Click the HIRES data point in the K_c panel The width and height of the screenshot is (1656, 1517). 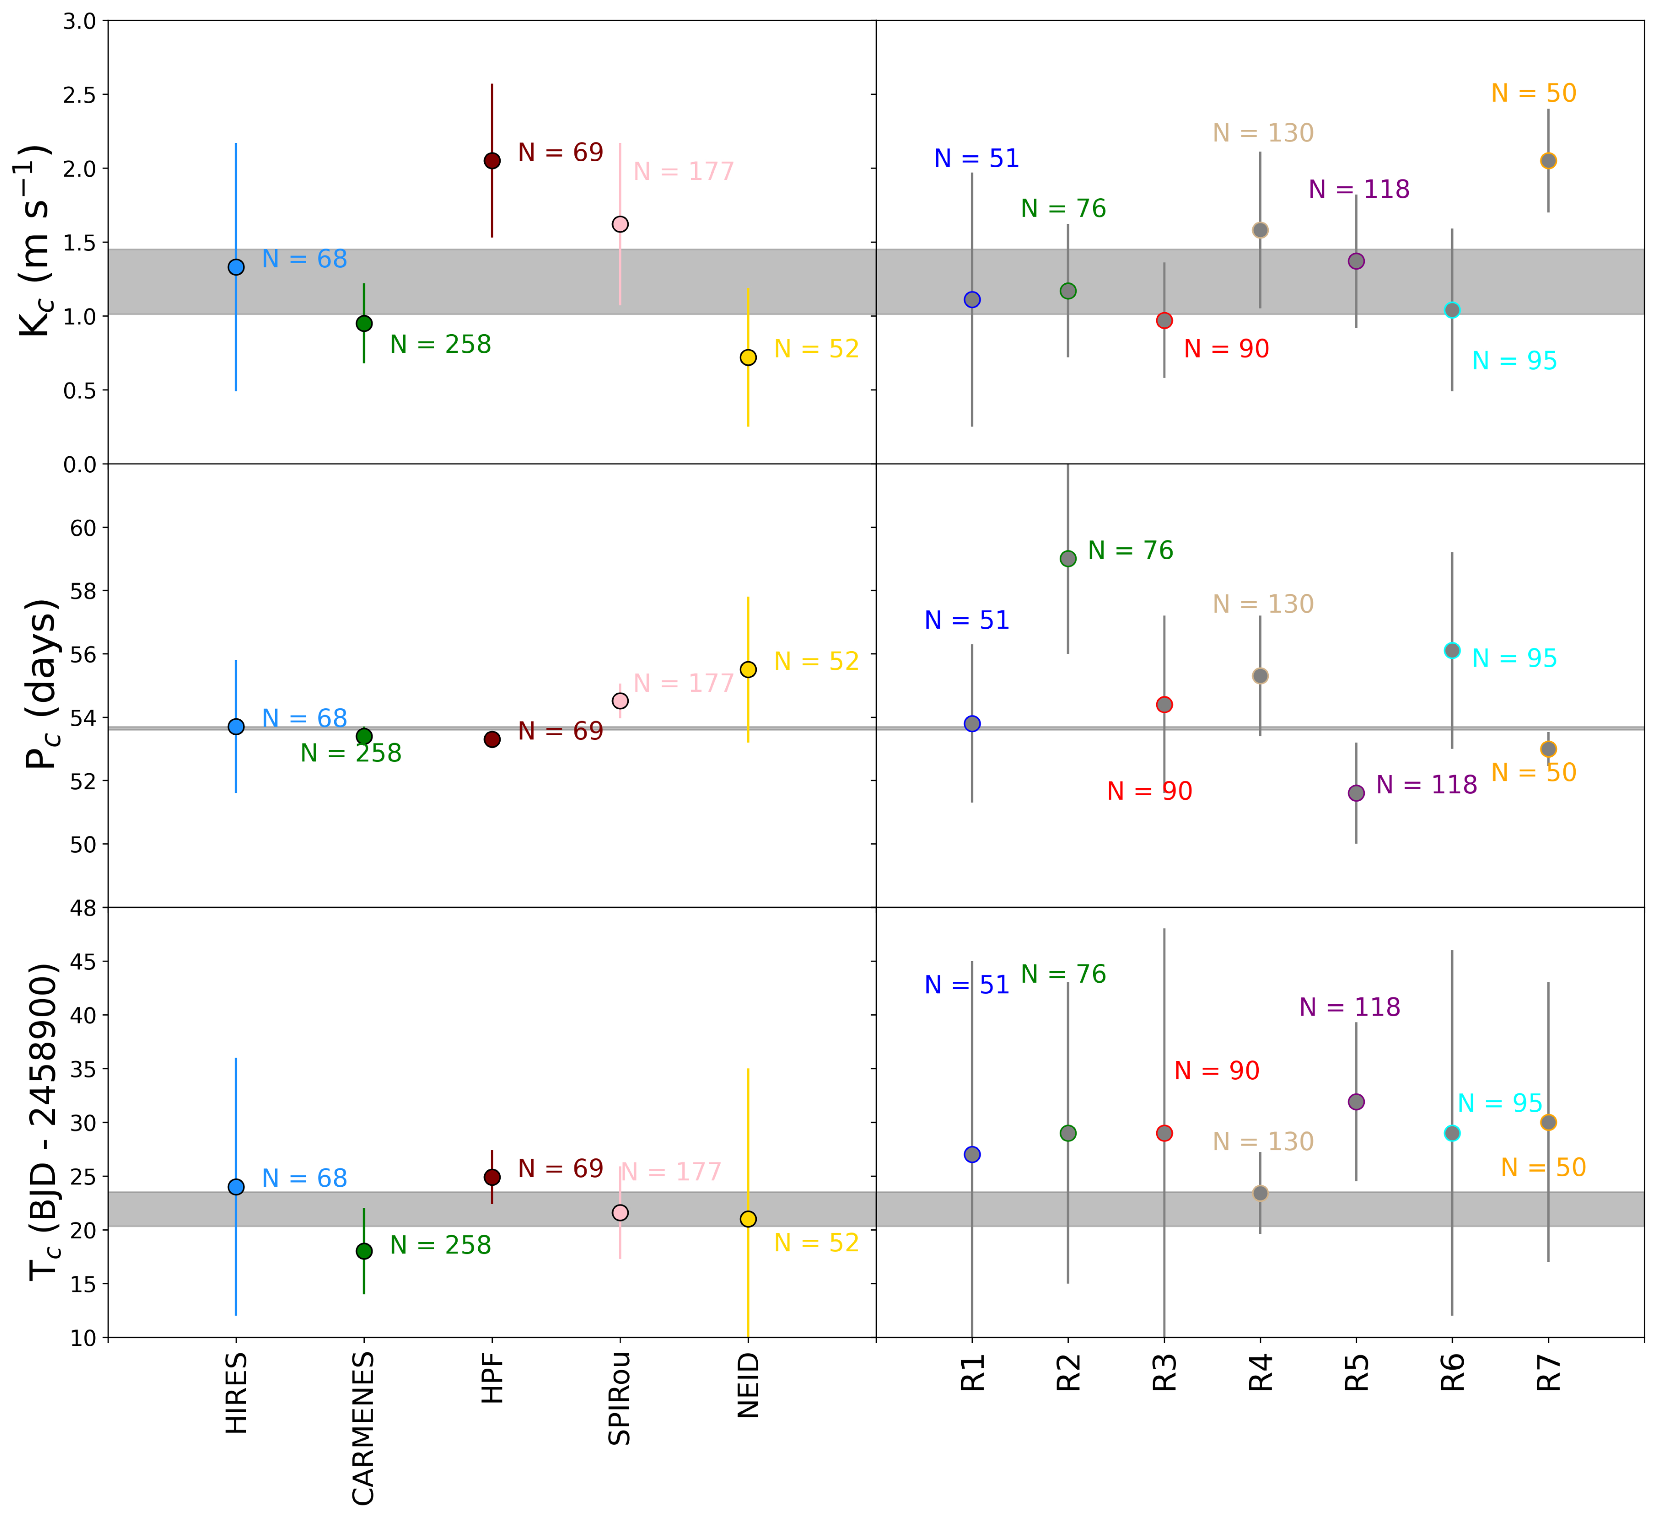(236, 267)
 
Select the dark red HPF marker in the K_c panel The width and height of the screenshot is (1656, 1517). (492, 161)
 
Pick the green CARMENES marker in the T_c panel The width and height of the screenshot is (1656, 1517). (364, 1251)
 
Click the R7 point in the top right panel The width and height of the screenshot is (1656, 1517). (1548, 161)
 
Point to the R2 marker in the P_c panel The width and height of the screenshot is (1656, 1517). (1068, 558)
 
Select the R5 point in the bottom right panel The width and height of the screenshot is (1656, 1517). (1356, 1101)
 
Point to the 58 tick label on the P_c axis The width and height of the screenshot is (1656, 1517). (83, 591)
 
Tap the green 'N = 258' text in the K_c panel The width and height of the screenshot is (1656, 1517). (440, 345)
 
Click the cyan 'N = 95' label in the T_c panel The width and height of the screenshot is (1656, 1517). (1500, 1103)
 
